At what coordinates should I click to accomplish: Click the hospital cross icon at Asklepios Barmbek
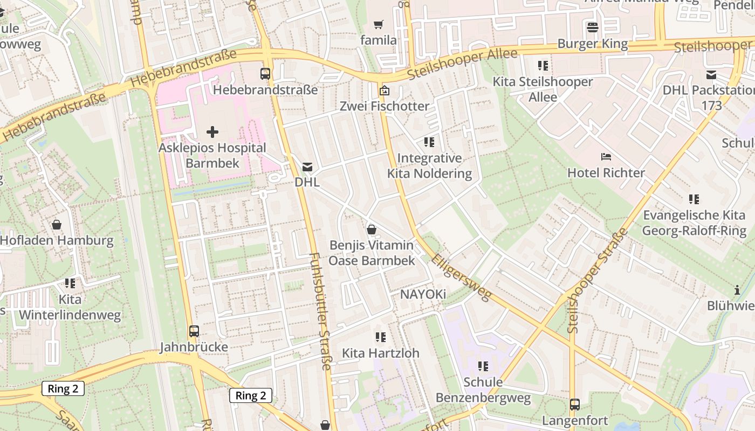pyautogui.click(x=212, y=131)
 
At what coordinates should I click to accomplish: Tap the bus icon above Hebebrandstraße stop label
pyautogui.click(x=265, y=73)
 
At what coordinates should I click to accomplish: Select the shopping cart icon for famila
pyautogui.click(x=379, y=25)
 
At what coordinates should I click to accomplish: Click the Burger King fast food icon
pyautogui.click(x=593, y=27)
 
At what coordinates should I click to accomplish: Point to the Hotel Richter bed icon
pyautogui.click(x=606, y=157)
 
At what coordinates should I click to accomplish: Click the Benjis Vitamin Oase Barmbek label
pyautogui.click(x=372, y=253)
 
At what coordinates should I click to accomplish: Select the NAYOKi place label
pyautogui.click(x=423, y=294)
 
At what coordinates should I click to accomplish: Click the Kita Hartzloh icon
pyautogui.click(x=381, y=337)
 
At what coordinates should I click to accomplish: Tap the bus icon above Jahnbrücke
pyautogui.click(x=194, y=331)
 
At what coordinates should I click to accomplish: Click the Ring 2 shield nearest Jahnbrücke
pyautogui.click(x=251, y=395)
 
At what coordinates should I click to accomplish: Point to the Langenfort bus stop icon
pyautogui.click(x=575, y=404)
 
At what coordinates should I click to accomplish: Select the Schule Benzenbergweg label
pyautogui.click(x=483, y=390)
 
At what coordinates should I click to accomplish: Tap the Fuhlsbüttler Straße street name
pyautogui.click(x=320, y=311)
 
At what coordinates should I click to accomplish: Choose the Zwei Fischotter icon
pyautogui.click(x=384, y=91)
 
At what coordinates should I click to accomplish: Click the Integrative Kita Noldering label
pyautogui.click(x=429, y=165)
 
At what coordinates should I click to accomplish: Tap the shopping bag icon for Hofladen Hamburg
pyautogui.click(x=57, y=224)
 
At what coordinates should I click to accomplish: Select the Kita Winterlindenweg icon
pyautogui.click(x=70, y=283)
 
